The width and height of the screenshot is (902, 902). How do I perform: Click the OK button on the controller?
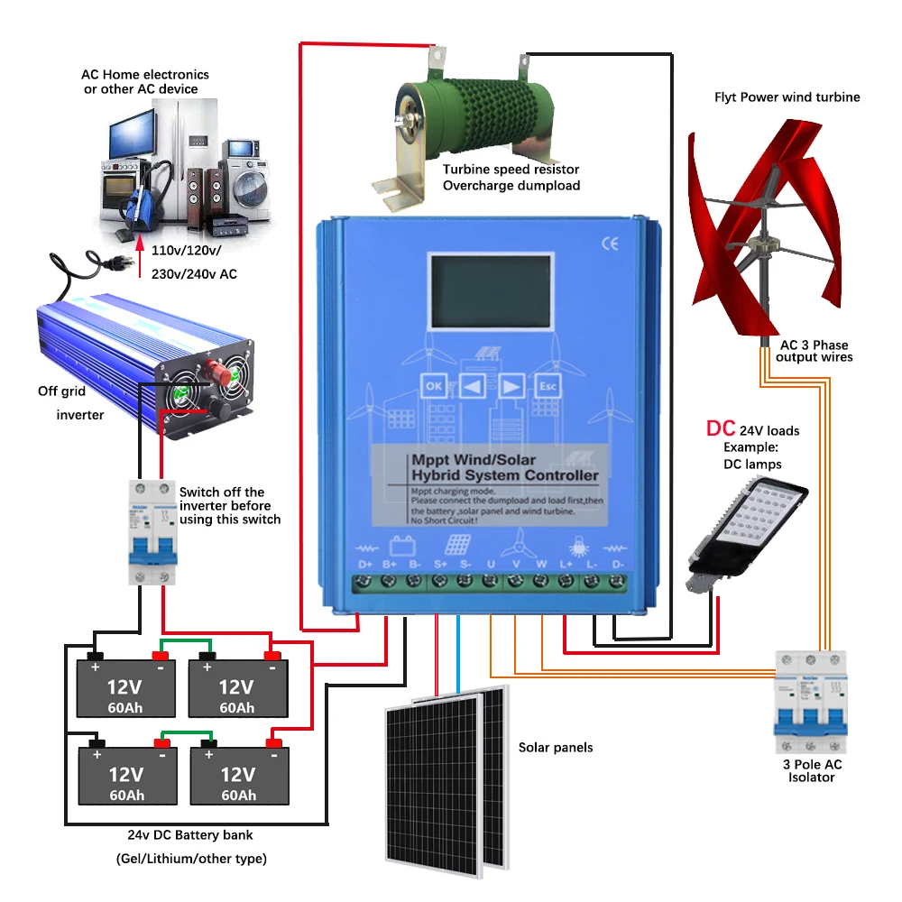coord(434,386)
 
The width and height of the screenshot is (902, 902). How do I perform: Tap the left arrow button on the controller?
coord(472,386)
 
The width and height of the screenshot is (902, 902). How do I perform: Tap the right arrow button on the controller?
coord(511,386)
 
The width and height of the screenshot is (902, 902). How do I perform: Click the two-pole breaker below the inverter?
coord(152,533)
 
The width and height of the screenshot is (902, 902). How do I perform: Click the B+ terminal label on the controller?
coord(391,565)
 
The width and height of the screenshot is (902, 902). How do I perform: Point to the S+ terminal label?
coord(441,565)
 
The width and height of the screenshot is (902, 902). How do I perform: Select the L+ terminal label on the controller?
coord(566,565)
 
